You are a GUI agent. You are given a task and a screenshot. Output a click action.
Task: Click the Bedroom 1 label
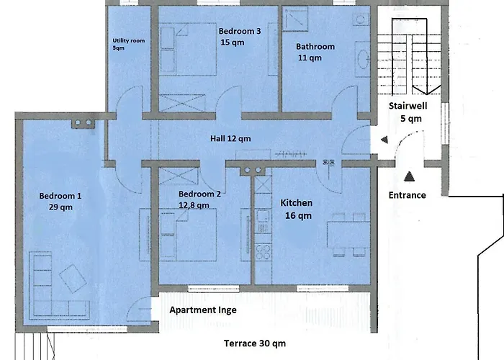click(60, 195)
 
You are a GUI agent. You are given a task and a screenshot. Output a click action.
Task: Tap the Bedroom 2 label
click(199, 194)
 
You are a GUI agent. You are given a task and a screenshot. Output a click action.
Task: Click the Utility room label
click(129, 41)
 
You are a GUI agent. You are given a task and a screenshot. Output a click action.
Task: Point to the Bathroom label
click(315, 47)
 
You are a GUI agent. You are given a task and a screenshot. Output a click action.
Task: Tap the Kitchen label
click(296, 203)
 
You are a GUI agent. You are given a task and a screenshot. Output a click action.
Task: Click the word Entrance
click(407, 194)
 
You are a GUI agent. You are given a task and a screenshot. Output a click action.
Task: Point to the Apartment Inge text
click(203, 310)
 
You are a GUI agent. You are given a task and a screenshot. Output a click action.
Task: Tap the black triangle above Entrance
click(409, 176)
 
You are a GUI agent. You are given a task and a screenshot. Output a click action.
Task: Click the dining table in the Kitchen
click(348, 234)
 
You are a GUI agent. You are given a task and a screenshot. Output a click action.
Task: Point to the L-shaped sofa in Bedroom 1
click(50, 288)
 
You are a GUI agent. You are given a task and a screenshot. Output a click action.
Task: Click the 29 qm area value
click(60, 207)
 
